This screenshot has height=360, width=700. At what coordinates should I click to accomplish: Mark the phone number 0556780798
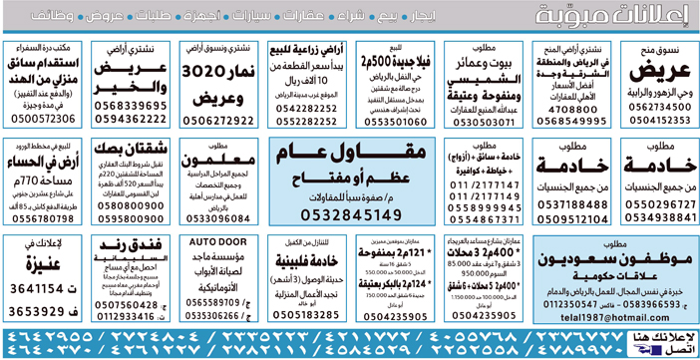43,216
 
